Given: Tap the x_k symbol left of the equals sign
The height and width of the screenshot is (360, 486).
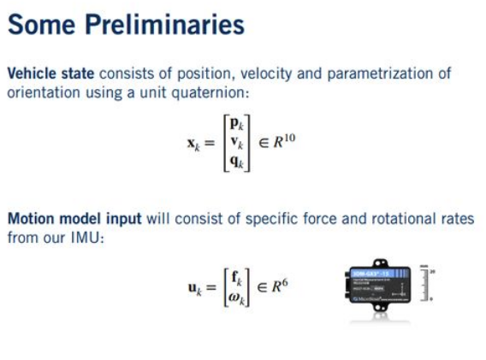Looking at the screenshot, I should (195, 145).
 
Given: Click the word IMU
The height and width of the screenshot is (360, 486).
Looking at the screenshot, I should (84, 237).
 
